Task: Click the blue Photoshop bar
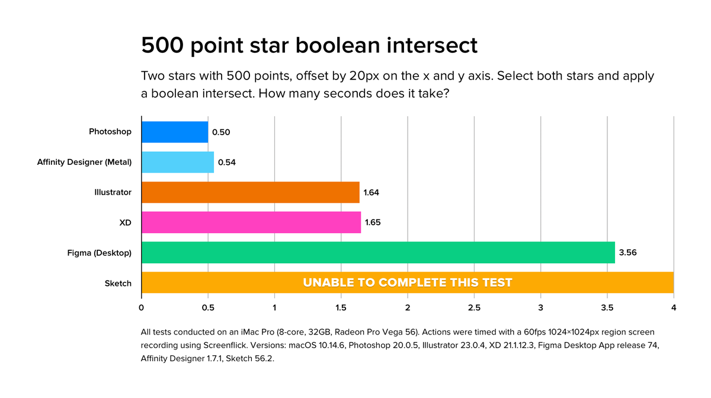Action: pos(175,132)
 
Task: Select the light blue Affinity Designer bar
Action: pos(178,162)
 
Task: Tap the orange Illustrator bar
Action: pos(251,192)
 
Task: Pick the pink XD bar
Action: pos(251,222)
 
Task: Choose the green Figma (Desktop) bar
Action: pos(378,253)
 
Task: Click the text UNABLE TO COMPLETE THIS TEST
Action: pos(407,283)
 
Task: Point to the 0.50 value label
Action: pos(221,132)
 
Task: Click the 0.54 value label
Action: pos(227,162)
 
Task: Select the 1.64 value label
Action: pos(372,192)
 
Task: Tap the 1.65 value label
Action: pos(374,222)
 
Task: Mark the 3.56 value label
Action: pos(627,253)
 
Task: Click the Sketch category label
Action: pos(118,283)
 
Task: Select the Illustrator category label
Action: pos(112,192)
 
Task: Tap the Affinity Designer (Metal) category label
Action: pos(84,162)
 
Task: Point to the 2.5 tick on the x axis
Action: pos(474,308)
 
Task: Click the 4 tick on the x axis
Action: pos(674,308)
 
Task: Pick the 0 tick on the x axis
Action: pos(142,308)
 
